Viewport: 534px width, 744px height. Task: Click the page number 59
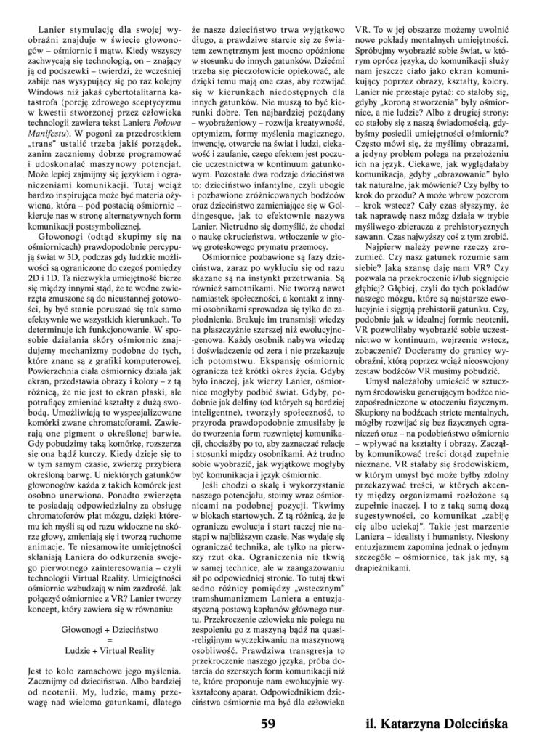pyautogui.click(x=267, y=724)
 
